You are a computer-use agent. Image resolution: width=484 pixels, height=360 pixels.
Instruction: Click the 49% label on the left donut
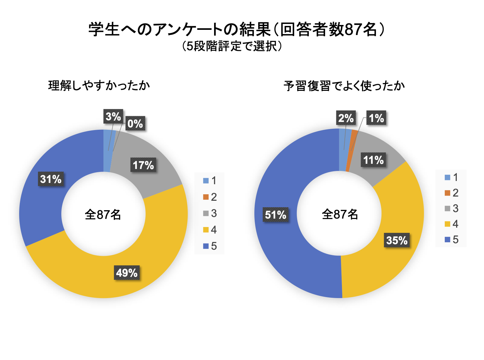click(x=127, y=273)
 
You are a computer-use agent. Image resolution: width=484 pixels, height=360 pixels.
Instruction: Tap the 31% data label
click(x=51, y=179)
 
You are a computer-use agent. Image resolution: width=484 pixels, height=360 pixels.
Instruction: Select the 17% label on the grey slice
click(x=143, y=165)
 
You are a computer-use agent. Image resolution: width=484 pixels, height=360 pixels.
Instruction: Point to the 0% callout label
click(x=135, y=124)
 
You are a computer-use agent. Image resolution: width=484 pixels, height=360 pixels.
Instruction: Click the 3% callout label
click(x=113, y=116)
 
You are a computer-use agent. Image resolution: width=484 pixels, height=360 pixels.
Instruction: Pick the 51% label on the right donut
click(x=275, y=215)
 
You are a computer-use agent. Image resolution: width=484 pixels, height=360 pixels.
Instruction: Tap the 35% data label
click(x=397, y=240)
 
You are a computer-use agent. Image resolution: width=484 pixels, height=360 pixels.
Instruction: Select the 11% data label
click(x=373, y=160)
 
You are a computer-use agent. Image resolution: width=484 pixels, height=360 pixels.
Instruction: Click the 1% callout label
click(x=376, y=118)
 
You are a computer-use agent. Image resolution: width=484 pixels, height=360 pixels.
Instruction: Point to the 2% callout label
click(x=346, y=118)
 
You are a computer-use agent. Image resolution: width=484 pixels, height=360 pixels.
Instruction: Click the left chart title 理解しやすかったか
click(x=99, y=86)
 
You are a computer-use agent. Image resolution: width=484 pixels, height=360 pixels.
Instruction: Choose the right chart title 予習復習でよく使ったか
click(x=344, y=86)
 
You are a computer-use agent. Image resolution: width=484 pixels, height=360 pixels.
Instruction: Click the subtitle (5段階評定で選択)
click(x=232, y=46)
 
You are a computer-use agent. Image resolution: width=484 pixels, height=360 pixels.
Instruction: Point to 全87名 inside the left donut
click(x=103, y=214)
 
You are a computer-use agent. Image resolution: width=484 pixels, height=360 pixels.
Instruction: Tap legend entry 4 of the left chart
click(x=210, y=230)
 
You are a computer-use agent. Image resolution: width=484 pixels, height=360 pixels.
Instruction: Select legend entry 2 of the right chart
click(x=452, y=193)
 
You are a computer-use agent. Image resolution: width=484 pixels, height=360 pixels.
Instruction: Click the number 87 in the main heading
click(x=353, y=30)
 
